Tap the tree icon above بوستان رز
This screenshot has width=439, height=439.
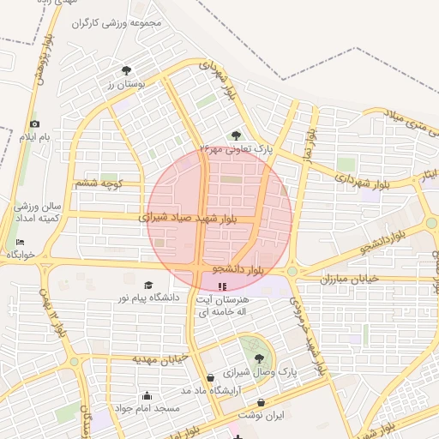[x=127, y=70]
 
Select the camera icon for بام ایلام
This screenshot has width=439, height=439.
[x=34, y=124]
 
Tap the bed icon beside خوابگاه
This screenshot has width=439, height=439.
[x=21, y=243]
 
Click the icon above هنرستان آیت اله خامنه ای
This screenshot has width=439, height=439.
[x=222, y=286]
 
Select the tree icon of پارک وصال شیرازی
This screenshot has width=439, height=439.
[x=259, y=359]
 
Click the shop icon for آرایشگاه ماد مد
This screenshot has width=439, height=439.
[x=211, y=377]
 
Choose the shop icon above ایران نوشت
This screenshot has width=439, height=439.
[x=261, y=402]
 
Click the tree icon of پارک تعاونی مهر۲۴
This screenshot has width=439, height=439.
[x=236, y=135]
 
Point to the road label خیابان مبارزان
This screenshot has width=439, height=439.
[x=349, y=280]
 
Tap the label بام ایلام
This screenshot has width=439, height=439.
[x=36, y=137]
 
